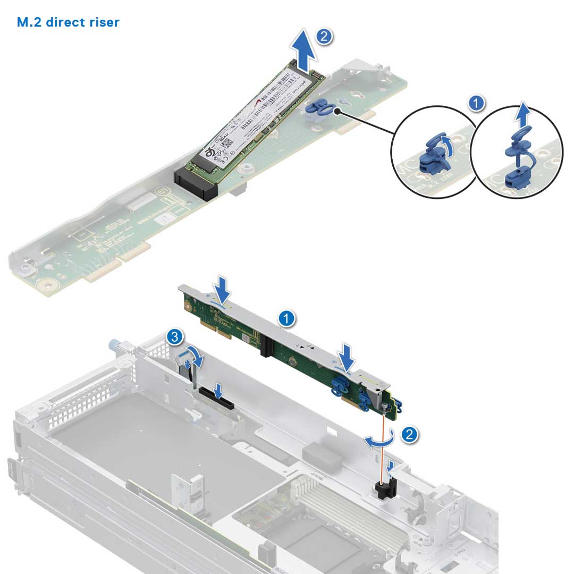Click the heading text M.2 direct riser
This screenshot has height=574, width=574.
click(69, 22)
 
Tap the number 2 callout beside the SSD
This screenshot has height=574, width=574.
click(324, 36)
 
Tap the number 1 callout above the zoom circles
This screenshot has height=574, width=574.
click(478, 103)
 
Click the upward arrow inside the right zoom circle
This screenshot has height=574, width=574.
click(525, 114)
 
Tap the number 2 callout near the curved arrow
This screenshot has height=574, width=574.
click(409, 434)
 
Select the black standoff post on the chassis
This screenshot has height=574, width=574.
click(387, 488)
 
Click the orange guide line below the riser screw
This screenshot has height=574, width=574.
click(384, 446)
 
